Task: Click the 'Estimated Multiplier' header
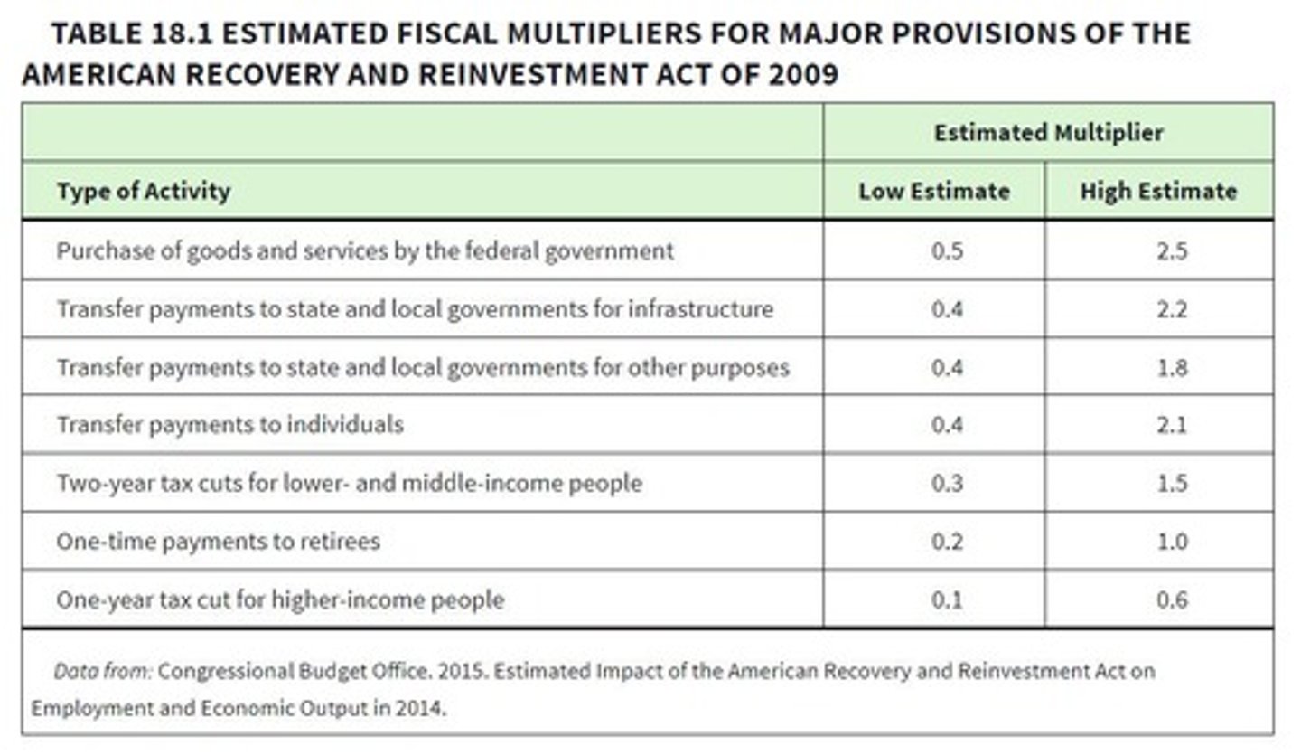click(1048, 133)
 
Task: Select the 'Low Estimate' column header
click(933, 192)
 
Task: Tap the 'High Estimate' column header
click(1158, 192)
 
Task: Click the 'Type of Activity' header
click(144, 192)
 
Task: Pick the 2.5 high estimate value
click(1171, 250)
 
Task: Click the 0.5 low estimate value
click(947, 250)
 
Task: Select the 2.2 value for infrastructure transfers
click(1171, 309)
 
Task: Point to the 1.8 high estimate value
click(1171, 368)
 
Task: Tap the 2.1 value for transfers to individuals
click(1171, 425)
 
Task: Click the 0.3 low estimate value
click(947, 483)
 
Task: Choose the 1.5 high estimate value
click(1171, 483)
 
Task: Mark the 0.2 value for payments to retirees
click(947, 542)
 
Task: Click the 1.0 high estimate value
click(1171, 542)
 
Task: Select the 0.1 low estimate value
click(947, 599)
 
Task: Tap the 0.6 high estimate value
click(1171, 599)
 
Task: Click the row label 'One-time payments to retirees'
click(218, 542)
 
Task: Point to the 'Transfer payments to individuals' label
click(229, 425)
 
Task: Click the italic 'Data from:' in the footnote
click(103, 672)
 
